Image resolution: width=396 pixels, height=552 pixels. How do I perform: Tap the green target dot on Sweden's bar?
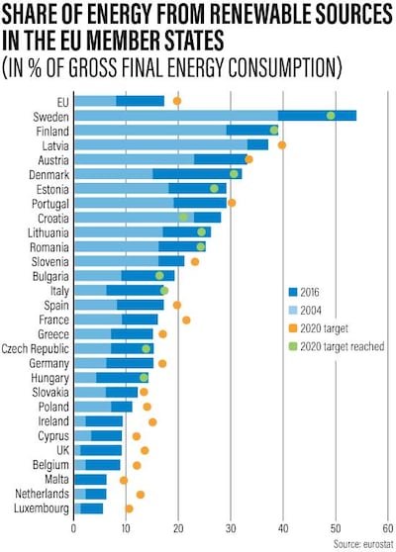(x=331, y=116)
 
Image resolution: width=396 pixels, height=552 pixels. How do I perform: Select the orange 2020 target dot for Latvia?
(x=282, y=145)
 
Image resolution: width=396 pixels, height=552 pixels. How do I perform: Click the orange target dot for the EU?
(x=177, y=101)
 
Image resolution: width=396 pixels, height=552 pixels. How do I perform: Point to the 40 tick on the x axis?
(x=283, y=529)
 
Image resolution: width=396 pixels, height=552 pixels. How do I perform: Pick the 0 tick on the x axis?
(x=74, y=529)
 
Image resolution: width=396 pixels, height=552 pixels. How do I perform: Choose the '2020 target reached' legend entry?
(x=343, y=347)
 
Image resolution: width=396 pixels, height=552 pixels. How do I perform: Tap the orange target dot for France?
(x=186, y=320)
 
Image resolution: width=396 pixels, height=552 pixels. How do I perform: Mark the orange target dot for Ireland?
(x=152, y=421)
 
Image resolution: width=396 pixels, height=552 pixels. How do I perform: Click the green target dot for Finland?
(x=274, y=130)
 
